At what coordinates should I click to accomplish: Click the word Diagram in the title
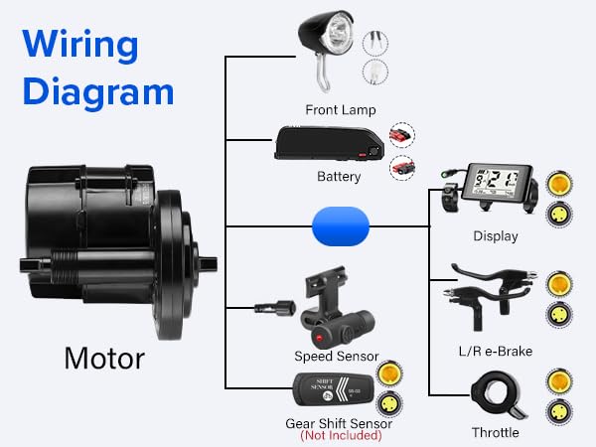tap(98, 91)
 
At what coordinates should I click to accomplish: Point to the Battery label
tap(338, 177)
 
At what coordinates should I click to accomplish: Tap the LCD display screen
tap(493, 185)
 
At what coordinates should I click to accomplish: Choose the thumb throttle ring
tap(496, 396)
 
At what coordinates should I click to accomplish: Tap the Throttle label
tap(496, 432)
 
